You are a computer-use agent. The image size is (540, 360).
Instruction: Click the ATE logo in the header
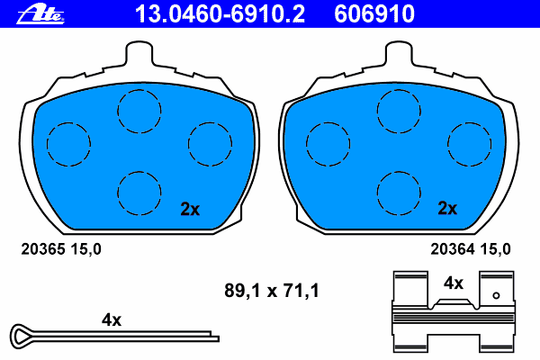(x=40, y=14)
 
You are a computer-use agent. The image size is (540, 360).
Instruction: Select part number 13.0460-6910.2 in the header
(x=220, y=14)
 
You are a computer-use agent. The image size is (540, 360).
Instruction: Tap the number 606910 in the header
(x=374, y=14)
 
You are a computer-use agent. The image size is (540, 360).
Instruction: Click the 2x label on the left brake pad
(x=190, y=209)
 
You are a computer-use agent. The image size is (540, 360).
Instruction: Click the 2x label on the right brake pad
(x=447, y=208)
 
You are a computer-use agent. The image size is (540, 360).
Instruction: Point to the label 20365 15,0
(x=61, y=249)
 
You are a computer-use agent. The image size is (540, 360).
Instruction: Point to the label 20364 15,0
(x=471, y=249)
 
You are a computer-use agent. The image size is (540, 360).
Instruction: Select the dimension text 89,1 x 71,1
(x=272, y=291)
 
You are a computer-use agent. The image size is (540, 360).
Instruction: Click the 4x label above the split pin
(x=112, y=320)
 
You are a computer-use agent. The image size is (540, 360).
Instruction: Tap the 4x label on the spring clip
(x=454, y=283)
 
